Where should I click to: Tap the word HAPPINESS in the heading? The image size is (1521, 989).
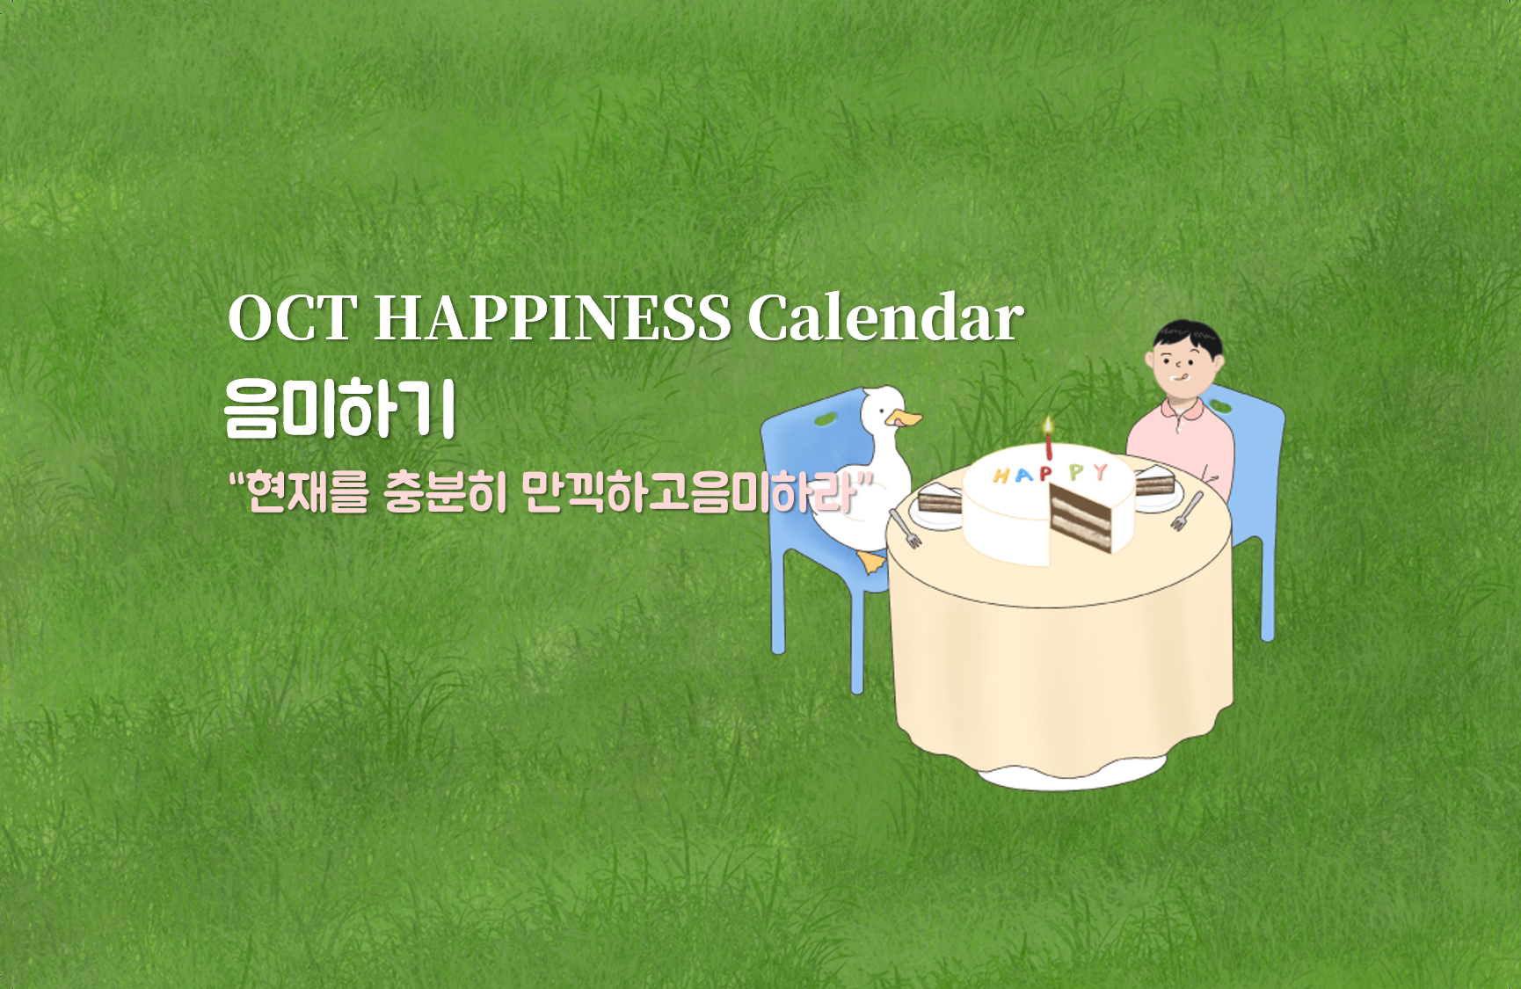[553, 317]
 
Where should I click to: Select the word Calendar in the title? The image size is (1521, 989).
[886, 317]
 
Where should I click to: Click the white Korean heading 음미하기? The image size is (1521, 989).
[340, 409]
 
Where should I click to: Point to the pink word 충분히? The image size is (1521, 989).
[446, 491]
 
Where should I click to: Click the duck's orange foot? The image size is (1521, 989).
[872, 562]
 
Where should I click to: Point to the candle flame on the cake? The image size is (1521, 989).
[1047, 426]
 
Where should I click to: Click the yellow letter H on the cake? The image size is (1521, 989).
[1001, 476]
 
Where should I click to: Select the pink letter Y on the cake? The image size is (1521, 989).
[1100, 472]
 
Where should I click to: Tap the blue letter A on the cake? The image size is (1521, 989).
[1022, 476]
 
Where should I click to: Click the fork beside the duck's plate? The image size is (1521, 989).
[905, 527]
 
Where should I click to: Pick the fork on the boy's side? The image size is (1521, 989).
[1187, 511]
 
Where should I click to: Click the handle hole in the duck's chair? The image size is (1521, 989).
[826, 419]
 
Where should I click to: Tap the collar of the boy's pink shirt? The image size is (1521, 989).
[1183, 410]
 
